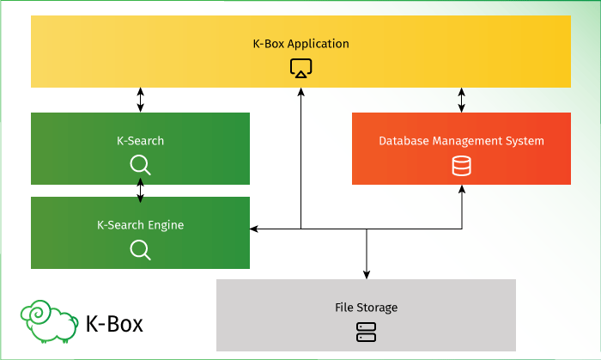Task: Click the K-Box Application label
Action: pyautogui.click(x=300, y=43)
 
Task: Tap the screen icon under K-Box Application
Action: pyautogui.click(x=300, y=68)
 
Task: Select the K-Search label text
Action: pyautogui.click(x=140, y=141)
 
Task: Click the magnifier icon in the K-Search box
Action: pyautogui.click(x=140, y=165)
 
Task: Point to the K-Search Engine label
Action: pyautogui.click(x=140, y=225)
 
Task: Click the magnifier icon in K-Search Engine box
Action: pyautogui.click(x=140, y=249)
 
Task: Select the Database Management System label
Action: pyautogui.click(x=461, y=141)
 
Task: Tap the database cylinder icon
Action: pyautogui.click(x=461, y=166)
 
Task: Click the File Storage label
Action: pyautogui.click(x=366, y=307)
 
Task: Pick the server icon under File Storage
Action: pyautogui.click(x=366, y=333)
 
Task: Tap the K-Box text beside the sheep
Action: pyautogui.click(x=114, y=324)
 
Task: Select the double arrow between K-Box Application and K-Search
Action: pyautogui.click(x=140, y=100)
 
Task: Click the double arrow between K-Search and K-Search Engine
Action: pyautogui.click(x=140, y=191)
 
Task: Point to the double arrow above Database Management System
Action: pyautogui.click(x=462, y=100)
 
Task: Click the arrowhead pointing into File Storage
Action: pyautogui.click(x=367, y=274)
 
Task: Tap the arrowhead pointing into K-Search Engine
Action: pyautogui.click(x=255, y=229)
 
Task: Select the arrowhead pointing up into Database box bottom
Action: pyautogui.click(x=462, y=190)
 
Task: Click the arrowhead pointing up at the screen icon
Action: pyautogui.click(x=300, y=93)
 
